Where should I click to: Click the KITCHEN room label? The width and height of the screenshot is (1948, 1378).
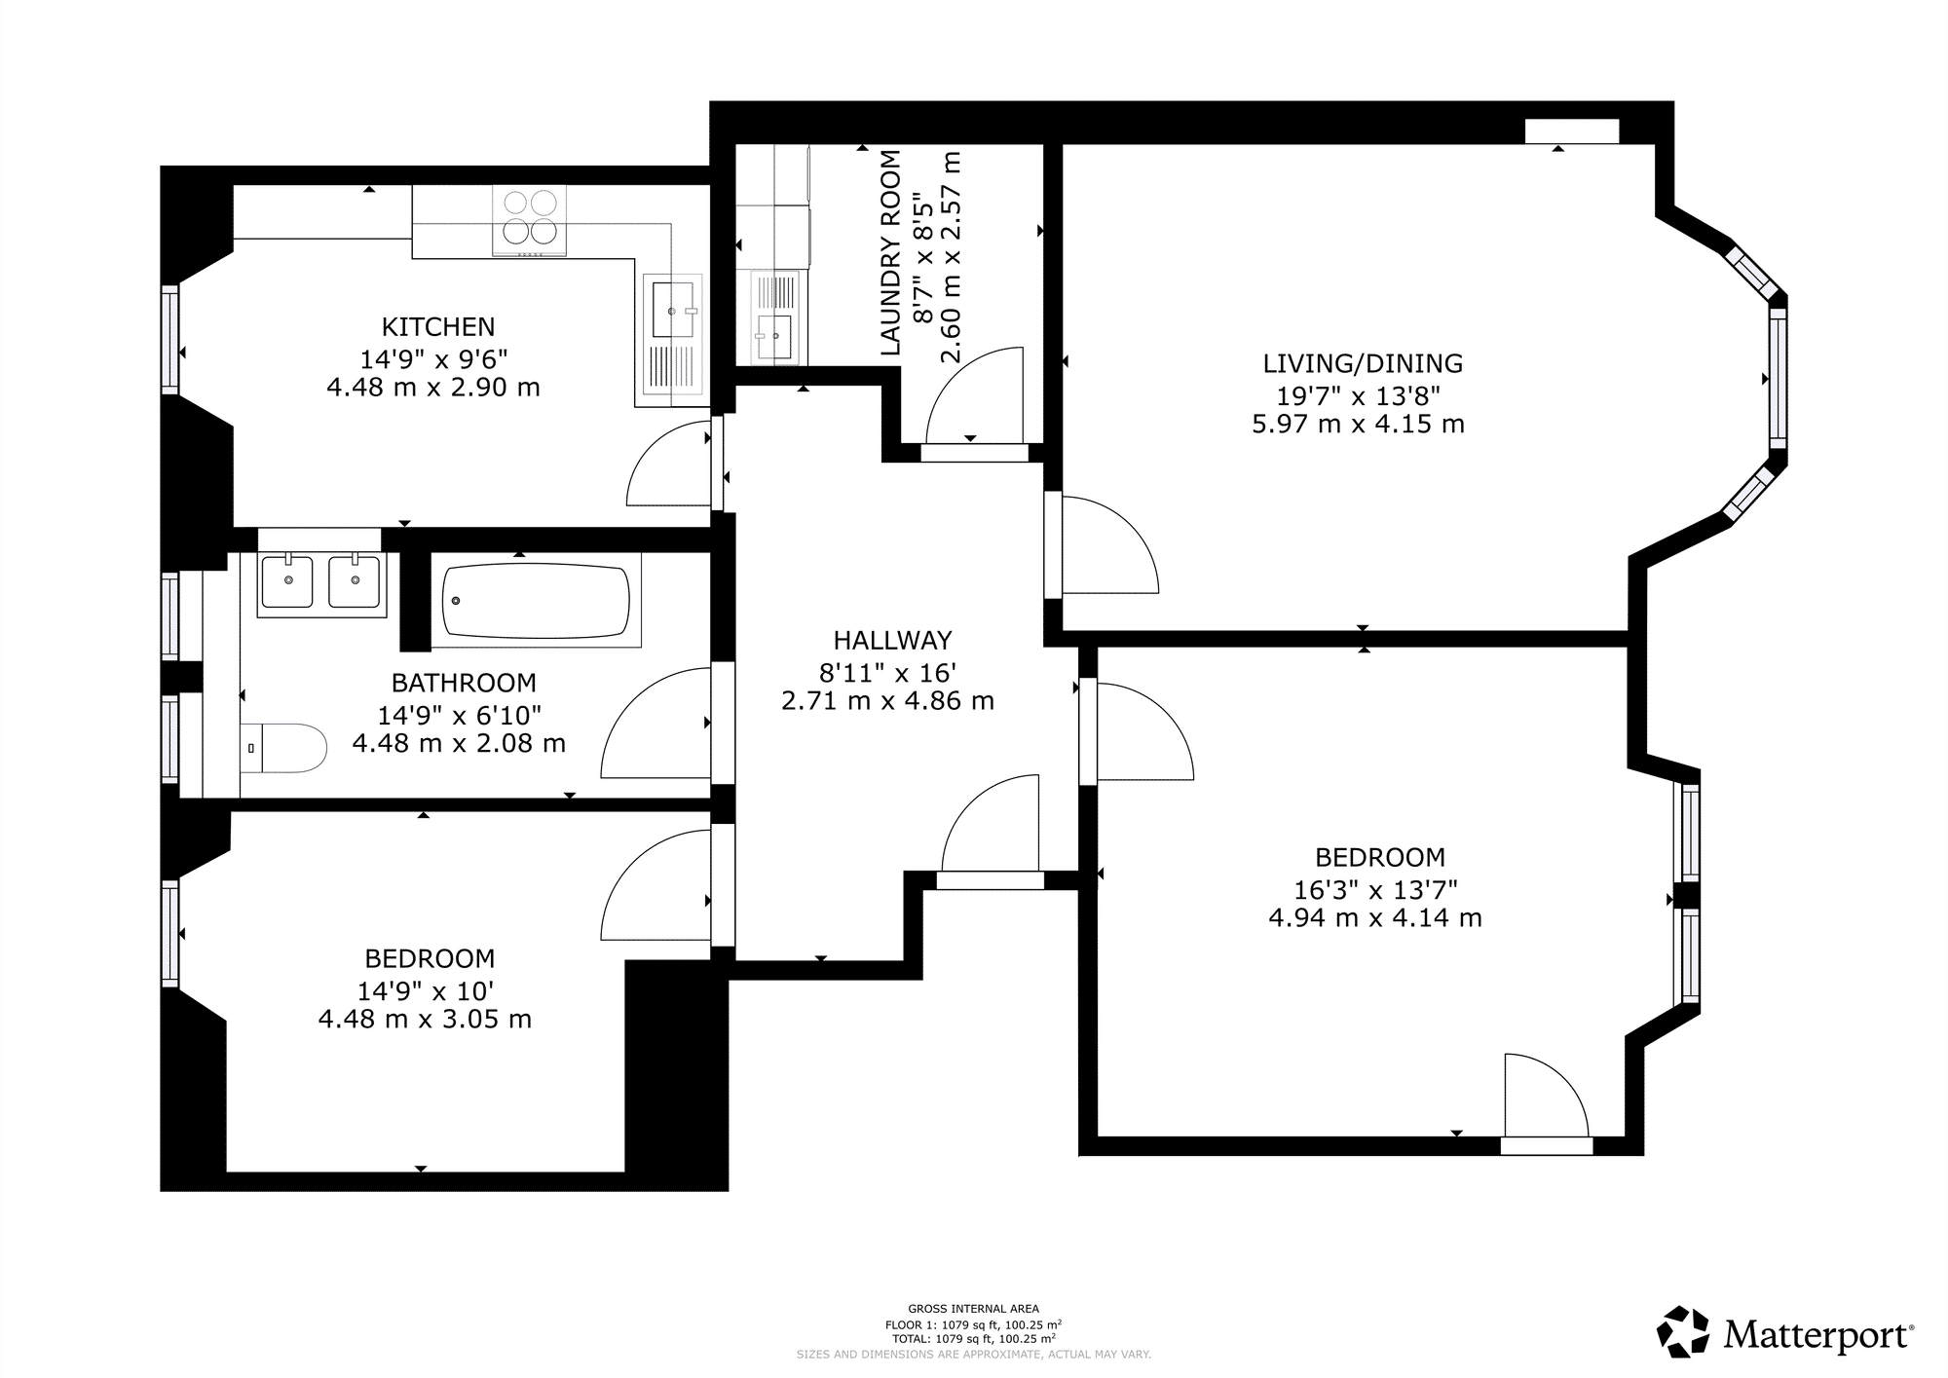(438, 326)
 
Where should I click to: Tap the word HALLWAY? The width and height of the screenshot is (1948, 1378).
(892, 640)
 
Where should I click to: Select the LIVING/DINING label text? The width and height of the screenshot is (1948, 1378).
(1363, 363)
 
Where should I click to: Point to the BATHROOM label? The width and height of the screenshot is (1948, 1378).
(464, 683)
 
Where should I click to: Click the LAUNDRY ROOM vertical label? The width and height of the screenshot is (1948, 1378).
(890, 252)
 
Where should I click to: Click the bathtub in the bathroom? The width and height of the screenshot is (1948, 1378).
(536, 600)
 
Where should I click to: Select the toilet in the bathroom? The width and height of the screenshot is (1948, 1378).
(283, 748)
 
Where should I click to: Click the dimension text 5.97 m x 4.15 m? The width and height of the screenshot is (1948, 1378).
(1359, 425)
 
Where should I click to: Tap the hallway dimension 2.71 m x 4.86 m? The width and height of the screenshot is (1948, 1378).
(888, 701)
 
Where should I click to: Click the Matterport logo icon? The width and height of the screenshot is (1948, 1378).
(1683, 1331)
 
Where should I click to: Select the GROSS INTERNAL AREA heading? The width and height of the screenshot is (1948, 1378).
(973, 1309)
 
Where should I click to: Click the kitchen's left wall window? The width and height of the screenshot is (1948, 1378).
(170, 339)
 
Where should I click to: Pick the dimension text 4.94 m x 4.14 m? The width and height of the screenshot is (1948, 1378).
(1375, 918)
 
